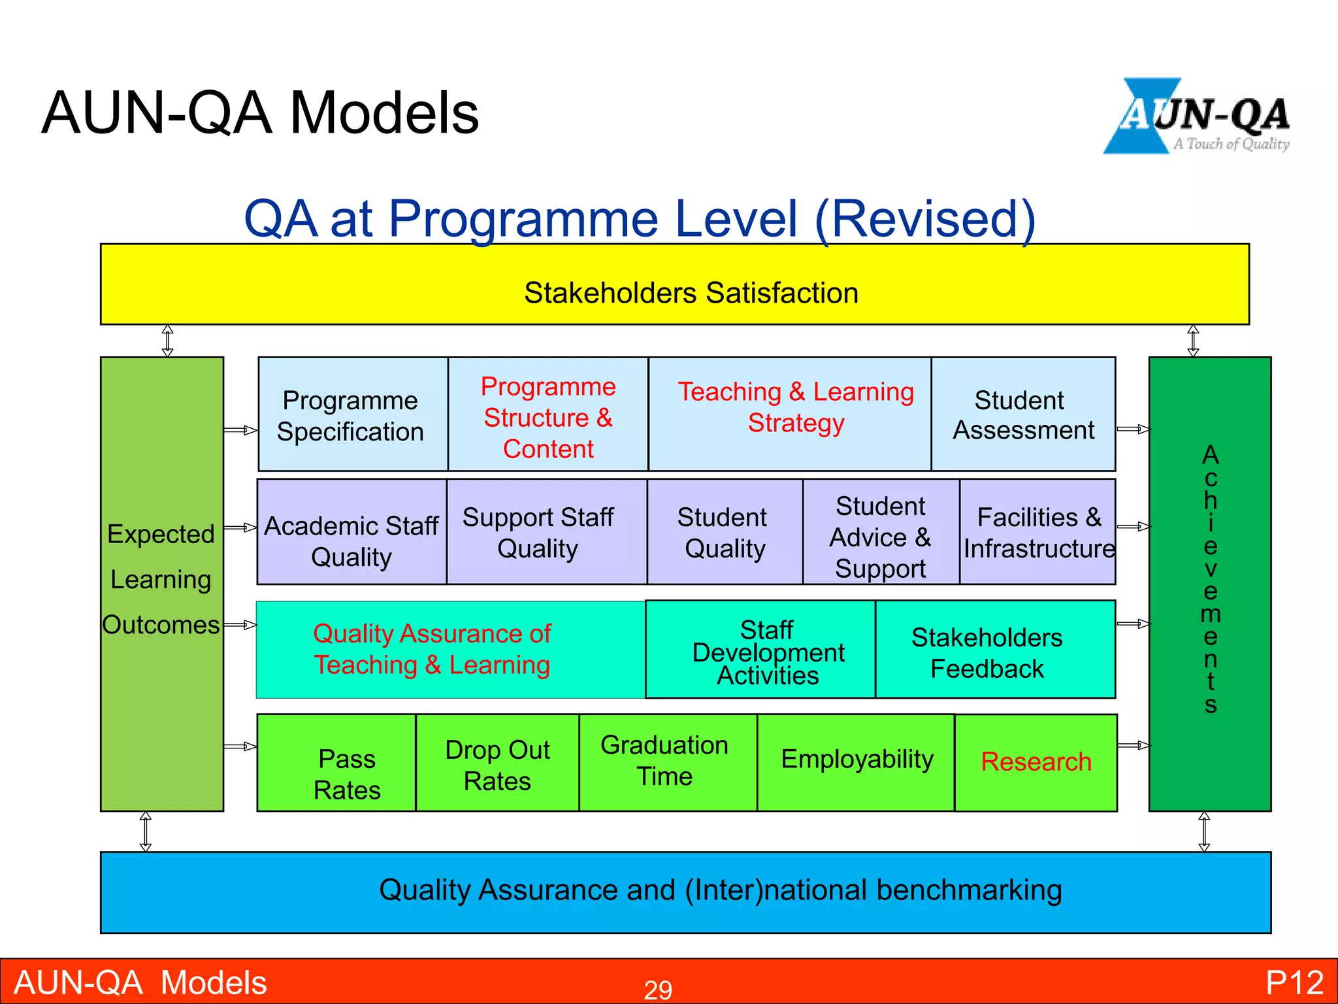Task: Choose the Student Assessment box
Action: (1023, 414)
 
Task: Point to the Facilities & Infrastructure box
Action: (1037, 532)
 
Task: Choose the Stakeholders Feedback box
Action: (988, 651)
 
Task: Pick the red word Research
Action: (1036, 762)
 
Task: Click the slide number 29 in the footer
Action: (658, 989)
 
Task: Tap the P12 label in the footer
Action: (1294, 982)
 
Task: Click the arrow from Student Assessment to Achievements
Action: (1133, 429)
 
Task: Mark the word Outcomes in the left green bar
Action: (161, 625)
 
